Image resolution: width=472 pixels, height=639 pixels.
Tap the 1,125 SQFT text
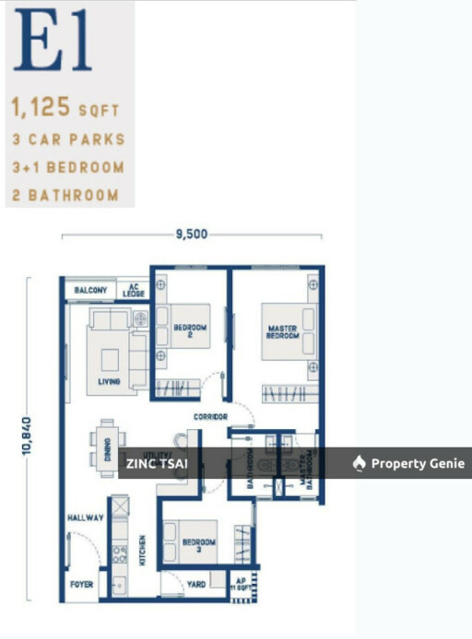[x=65, y=109]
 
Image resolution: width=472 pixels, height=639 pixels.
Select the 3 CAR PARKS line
[x=67, y=140]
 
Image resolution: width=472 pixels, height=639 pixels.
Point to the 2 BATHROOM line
[x=65, y=194]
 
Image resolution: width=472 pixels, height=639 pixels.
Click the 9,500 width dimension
[x=192, y=235]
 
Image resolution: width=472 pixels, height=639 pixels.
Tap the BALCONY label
[x=91, y=291]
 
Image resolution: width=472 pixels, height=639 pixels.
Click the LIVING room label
[x=110, y=381]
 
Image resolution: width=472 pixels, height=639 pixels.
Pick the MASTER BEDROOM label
[x=283, y=331]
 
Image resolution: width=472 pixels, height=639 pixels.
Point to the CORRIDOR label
[x=210, y=417]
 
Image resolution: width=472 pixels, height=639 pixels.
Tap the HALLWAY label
[x=85, y=518]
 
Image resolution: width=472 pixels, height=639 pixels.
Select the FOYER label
[x=82, y=584]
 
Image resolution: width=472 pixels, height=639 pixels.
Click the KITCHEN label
[x=142, y=548]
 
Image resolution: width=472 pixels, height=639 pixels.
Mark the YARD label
[x=195, y=584]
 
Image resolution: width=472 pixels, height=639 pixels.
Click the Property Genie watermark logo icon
[x=360, y=463]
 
